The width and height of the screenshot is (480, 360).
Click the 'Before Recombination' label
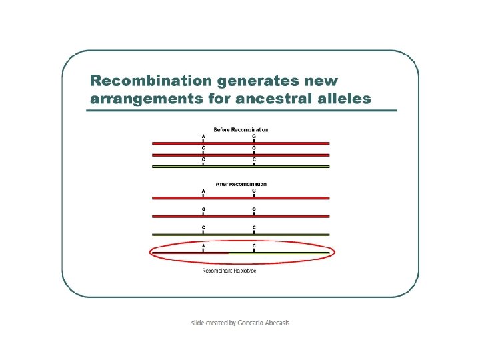click(x=241, y=129)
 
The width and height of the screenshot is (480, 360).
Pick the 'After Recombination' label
click(x=241, y=184)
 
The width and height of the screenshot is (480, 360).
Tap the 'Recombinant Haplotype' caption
click(x=229, y=271)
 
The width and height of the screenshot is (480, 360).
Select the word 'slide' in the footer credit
click(x=198, y=323)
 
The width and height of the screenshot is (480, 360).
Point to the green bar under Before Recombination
click(x=241, y=166)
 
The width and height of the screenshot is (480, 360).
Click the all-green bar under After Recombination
click(x=241, y=234)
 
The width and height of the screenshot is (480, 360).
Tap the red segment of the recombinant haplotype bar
click(x=190, y=253)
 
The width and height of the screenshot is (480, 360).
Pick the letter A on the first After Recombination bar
click(x=203, y=191)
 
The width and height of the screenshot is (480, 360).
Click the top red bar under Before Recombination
click(x=241, y=143)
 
